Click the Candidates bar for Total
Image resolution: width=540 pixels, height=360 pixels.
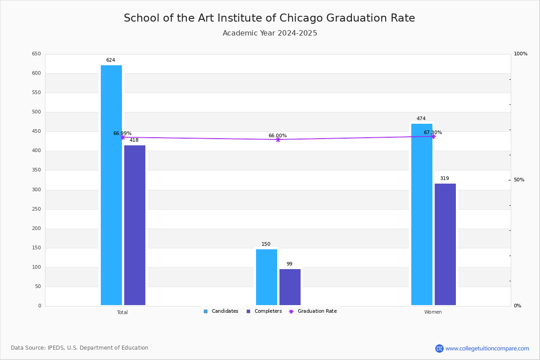(x=112, y=185)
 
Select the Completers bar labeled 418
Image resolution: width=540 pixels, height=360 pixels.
(x=135, y=225)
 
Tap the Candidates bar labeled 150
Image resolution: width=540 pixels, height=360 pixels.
(x=266, y=277)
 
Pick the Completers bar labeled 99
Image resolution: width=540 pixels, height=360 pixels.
(x=290, y=287)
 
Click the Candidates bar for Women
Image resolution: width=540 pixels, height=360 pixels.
(x=422, y=215)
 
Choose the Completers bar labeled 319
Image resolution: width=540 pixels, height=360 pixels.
(x=445, y=244)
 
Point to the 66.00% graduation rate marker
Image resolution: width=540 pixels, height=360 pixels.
(x=278, y=140)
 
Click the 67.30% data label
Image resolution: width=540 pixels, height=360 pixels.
(x=433, y=132)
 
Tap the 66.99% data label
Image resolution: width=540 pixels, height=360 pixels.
(x=122, y=133)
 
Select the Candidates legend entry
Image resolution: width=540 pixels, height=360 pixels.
(x=221, y=311)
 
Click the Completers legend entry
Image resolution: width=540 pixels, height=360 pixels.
(x=264, y=311)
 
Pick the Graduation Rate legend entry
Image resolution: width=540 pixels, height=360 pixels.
(x=313, y=311)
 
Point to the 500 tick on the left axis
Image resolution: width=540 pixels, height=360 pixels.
(x=36, y=112)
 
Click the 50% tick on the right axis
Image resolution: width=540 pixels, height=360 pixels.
(x=519, y=180)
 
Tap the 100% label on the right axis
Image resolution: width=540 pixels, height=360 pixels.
(x=521, y=54)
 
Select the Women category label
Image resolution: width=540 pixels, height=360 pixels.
(x=433, y=312)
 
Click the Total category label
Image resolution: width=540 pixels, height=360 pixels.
(x=122, y=312)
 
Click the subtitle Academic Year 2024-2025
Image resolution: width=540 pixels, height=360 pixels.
(x=270, y=33)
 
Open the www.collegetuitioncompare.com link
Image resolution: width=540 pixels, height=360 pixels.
(x=487, y=349)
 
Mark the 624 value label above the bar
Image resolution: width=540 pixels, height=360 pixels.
(x=111, y=60)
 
